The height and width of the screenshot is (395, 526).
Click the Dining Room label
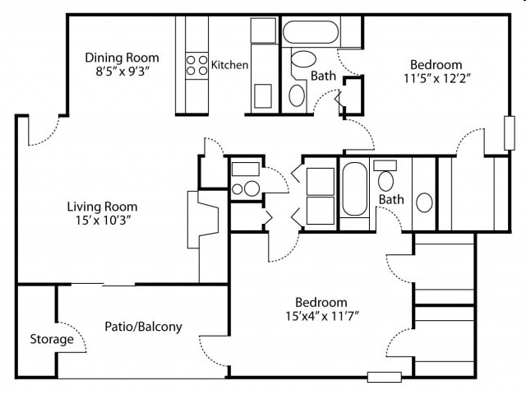(x=122, y=58)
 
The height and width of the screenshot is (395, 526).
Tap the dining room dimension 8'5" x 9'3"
(x=122, y=72)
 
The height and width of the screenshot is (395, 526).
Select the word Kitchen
(x=230, y=65)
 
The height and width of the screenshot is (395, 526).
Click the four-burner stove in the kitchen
(x=197, y=66)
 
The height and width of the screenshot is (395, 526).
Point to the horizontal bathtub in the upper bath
(x=311, y=32)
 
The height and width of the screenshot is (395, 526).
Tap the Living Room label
(x=102, y=207)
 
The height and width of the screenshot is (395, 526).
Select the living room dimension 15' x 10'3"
(x=103, y=221)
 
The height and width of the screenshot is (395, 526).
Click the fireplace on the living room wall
(x=203, y=220)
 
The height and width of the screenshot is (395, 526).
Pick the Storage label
(x=52, y=339)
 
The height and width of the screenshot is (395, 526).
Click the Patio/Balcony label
(x=144, y=327)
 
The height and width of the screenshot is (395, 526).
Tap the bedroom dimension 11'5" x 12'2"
(x=437, y=78)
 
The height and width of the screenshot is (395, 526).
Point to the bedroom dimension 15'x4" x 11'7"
(x=322, y=316)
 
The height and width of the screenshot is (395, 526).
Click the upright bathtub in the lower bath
(x=354, y=189)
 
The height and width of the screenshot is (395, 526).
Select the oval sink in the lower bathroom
(x=424, y=202)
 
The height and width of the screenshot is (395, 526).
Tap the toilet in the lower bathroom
(x=385, y=176)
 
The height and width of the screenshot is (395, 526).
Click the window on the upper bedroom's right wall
(x=510, y=133)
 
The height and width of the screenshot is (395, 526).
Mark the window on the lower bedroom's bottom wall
(x=385, y=377)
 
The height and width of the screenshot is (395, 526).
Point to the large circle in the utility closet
(x=251, y=188)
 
